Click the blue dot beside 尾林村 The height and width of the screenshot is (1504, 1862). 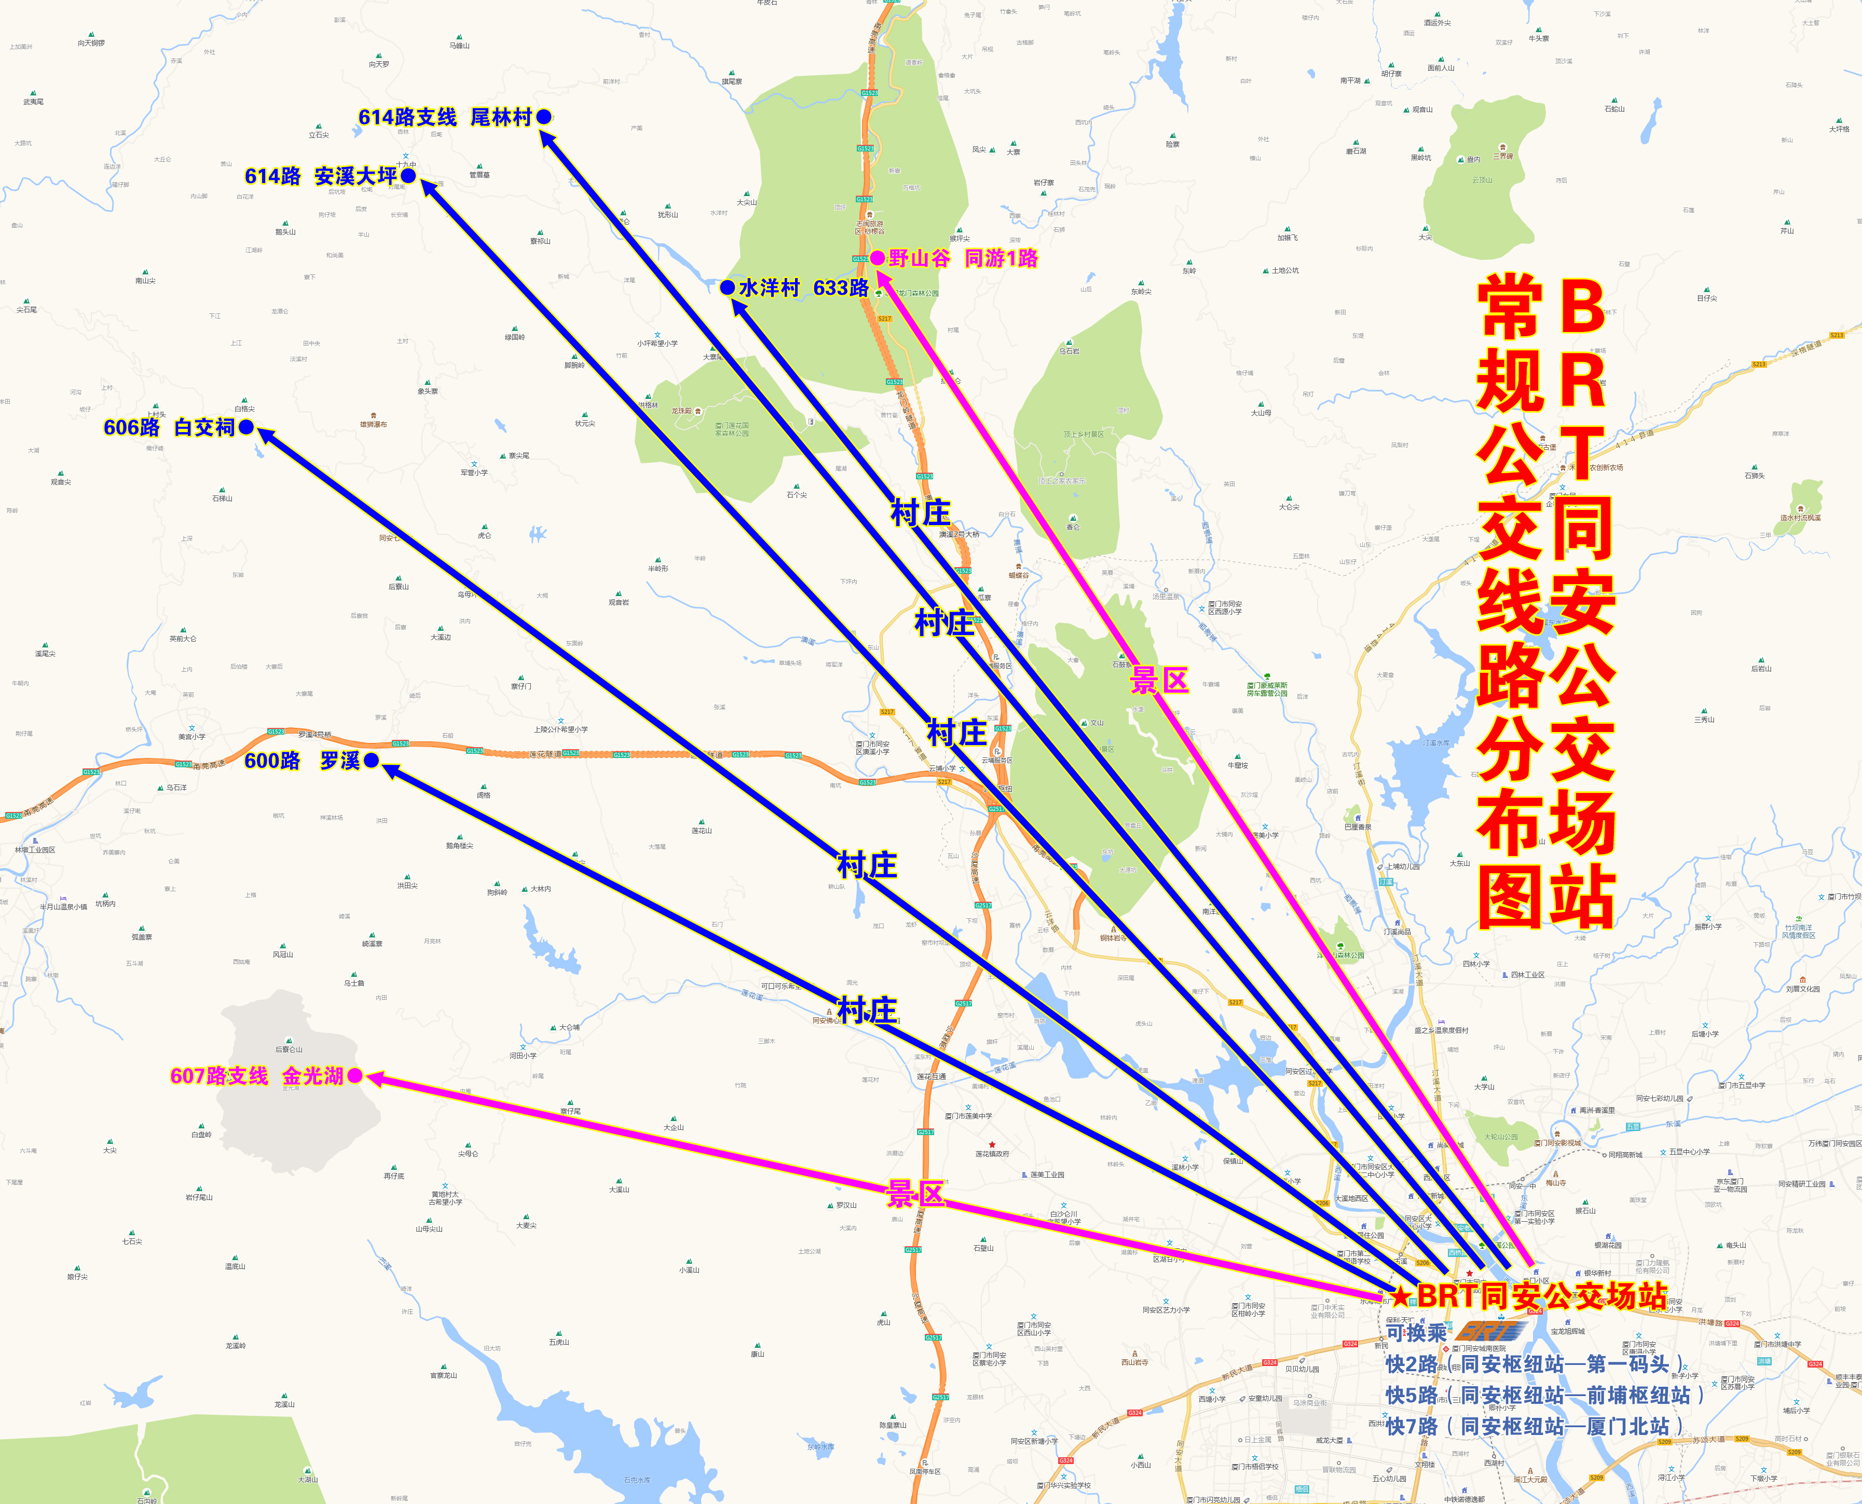click(544, 117)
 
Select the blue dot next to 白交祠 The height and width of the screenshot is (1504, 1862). click(246, 427)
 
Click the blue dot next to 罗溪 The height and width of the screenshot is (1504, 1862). click(372, 761)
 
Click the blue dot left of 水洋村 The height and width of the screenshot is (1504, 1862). click(728, 287)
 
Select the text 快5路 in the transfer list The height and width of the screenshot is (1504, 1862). click(1411, 1395)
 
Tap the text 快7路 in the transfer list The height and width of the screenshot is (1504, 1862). click(1411, 1426)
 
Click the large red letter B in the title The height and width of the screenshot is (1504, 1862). click(1582, 306)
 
